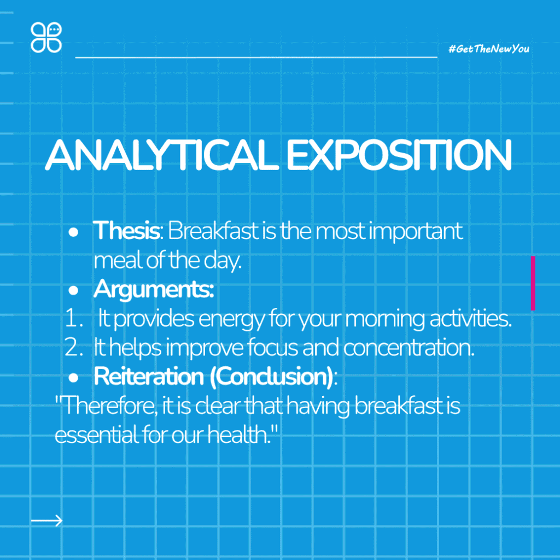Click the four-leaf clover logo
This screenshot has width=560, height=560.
46,38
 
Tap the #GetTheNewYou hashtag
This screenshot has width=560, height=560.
488,49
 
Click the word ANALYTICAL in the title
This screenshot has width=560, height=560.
162,155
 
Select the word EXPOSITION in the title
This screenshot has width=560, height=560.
399,155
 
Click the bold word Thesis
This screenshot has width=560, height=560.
126,231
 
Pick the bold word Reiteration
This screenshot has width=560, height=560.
149,376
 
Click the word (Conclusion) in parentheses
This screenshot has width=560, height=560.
272,377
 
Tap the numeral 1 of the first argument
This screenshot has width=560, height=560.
72,318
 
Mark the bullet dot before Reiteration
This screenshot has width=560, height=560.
73,378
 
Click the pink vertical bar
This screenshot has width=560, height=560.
533,283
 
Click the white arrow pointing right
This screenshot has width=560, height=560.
47,521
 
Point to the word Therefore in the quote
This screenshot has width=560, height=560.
108,406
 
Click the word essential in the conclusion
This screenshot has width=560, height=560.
96,435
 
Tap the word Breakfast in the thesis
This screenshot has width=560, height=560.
213,231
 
